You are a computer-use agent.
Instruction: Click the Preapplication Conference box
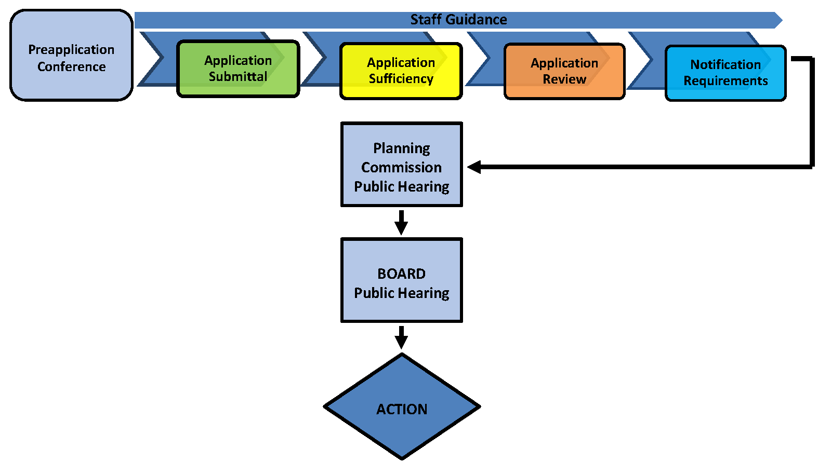click(71, 55)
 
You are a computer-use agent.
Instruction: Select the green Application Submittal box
click(238, 69)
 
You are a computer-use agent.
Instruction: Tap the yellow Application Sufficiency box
click(401, 71)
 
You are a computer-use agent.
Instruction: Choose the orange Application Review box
click(564, 71)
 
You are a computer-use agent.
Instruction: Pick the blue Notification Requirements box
click(726, 73)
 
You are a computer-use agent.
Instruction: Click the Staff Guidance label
click(458, 20)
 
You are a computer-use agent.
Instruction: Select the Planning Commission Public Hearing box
click(402, 165)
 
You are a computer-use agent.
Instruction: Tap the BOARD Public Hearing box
click(402, 280)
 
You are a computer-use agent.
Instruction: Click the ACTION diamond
click(402, 407)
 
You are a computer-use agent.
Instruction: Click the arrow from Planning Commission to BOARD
click(401, 222)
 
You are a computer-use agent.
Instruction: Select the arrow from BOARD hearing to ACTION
click(401, 337)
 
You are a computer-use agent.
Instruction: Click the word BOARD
click(401, 274)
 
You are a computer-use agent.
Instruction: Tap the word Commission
click(401, 167)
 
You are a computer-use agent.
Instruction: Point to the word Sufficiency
click(401, 79)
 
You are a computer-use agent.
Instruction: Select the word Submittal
click(238, 77)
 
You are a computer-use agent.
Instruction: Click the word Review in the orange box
click(564, 79)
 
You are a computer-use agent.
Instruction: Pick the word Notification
click(726, 64)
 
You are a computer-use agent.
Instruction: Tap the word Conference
click(71, 66)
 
